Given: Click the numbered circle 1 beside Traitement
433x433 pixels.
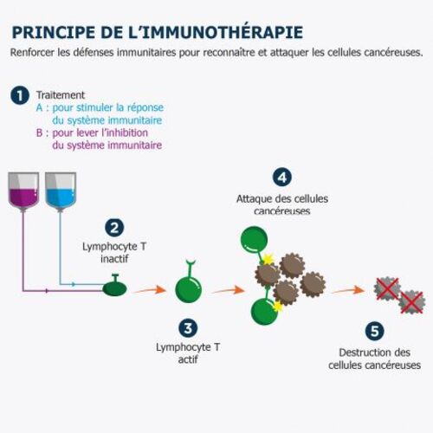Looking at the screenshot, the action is [20, 95].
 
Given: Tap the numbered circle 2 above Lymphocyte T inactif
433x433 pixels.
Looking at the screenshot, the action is [114, 228].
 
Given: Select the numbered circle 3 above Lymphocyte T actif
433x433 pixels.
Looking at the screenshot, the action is [188, 328].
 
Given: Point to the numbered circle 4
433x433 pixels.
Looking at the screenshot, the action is [282, 178].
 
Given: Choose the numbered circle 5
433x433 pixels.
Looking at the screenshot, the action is [374, 331].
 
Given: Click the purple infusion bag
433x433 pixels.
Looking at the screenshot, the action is [23, 191].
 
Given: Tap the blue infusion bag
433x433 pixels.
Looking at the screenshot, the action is [61, 191].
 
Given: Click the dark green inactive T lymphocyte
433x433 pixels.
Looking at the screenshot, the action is [115, 288].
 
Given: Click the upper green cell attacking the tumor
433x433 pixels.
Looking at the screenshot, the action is [254, 239].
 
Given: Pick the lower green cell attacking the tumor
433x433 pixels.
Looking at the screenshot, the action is [264, 312].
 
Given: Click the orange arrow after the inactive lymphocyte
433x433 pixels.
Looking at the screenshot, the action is [150, 289].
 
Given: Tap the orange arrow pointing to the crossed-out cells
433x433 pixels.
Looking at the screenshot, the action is [348, 290].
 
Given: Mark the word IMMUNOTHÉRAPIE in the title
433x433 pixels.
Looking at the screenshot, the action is [223, 32].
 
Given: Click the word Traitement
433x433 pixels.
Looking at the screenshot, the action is [61, 95].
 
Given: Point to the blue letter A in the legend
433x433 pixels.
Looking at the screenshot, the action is [39, 107].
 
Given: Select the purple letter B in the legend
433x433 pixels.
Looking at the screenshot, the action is [39, 132].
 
